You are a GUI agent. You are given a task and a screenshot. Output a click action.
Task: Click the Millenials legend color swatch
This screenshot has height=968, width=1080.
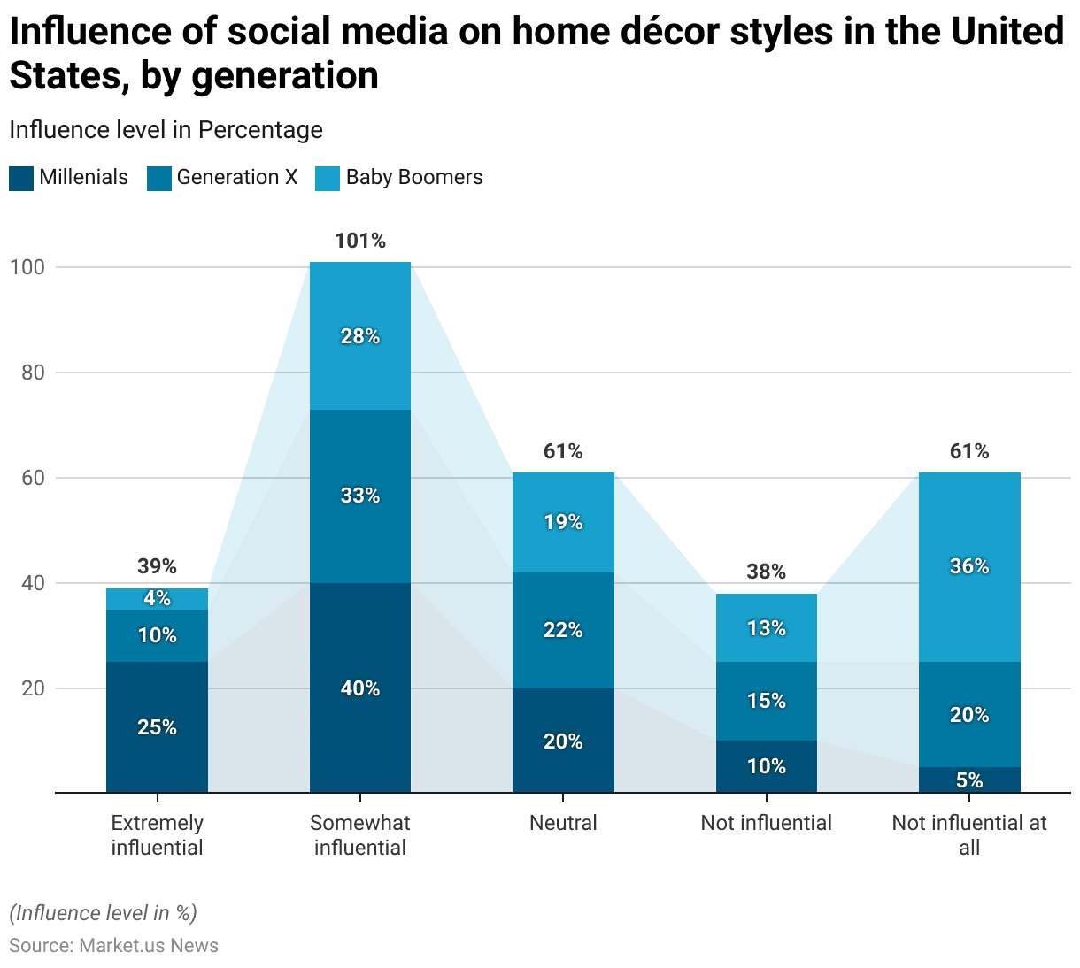21,178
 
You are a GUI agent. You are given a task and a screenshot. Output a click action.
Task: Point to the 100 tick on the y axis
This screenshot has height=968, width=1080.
27,267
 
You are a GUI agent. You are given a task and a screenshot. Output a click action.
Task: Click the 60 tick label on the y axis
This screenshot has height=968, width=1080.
33,478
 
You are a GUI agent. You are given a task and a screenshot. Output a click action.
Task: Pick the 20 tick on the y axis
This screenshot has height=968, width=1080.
33,688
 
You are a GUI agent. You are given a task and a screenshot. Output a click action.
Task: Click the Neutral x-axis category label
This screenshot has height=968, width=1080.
563,823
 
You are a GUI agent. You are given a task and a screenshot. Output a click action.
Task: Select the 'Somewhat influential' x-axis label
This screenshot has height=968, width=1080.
360,835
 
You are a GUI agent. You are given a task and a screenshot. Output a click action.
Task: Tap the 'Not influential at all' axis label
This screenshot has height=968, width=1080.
969,835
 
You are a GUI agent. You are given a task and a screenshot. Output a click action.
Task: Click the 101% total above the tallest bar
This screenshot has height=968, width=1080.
360,241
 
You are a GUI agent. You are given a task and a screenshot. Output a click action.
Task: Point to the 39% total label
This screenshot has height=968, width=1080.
157,566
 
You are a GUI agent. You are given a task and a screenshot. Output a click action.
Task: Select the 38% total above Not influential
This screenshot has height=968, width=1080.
766,572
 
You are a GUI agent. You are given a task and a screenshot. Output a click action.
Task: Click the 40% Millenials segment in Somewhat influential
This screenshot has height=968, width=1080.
360,688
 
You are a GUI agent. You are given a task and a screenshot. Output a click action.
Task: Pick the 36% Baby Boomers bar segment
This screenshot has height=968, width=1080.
969,566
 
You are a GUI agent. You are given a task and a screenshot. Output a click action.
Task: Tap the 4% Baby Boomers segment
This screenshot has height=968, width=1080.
157,599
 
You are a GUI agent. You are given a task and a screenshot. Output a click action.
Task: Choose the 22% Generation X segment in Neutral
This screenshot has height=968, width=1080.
563,630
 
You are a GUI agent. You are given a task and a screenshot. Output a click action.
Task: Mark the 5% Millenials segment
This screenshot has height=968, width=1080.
969,780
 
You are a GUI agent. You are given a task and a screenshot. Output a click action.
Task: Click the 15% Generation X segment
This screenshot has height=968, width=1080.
766,701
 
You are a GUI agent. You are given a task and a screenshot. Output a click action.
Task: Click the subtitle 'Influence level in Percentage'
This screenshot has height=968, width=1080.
166,130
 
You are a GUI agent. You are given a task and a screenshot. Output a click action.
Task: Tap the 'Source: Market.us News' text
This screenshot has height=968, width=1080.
113,945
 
